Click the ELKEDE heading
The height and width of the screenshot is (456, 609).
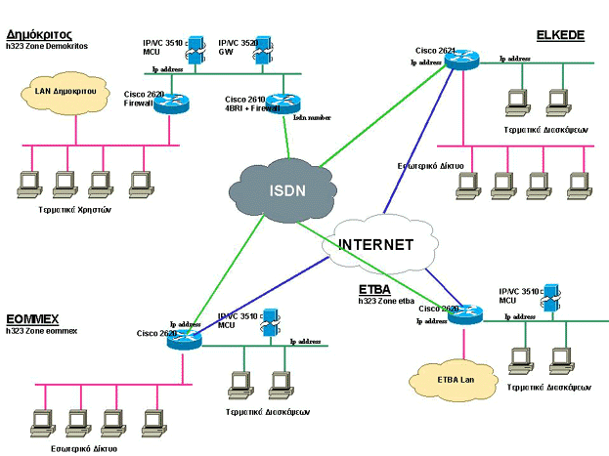(x=560, y=35)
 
